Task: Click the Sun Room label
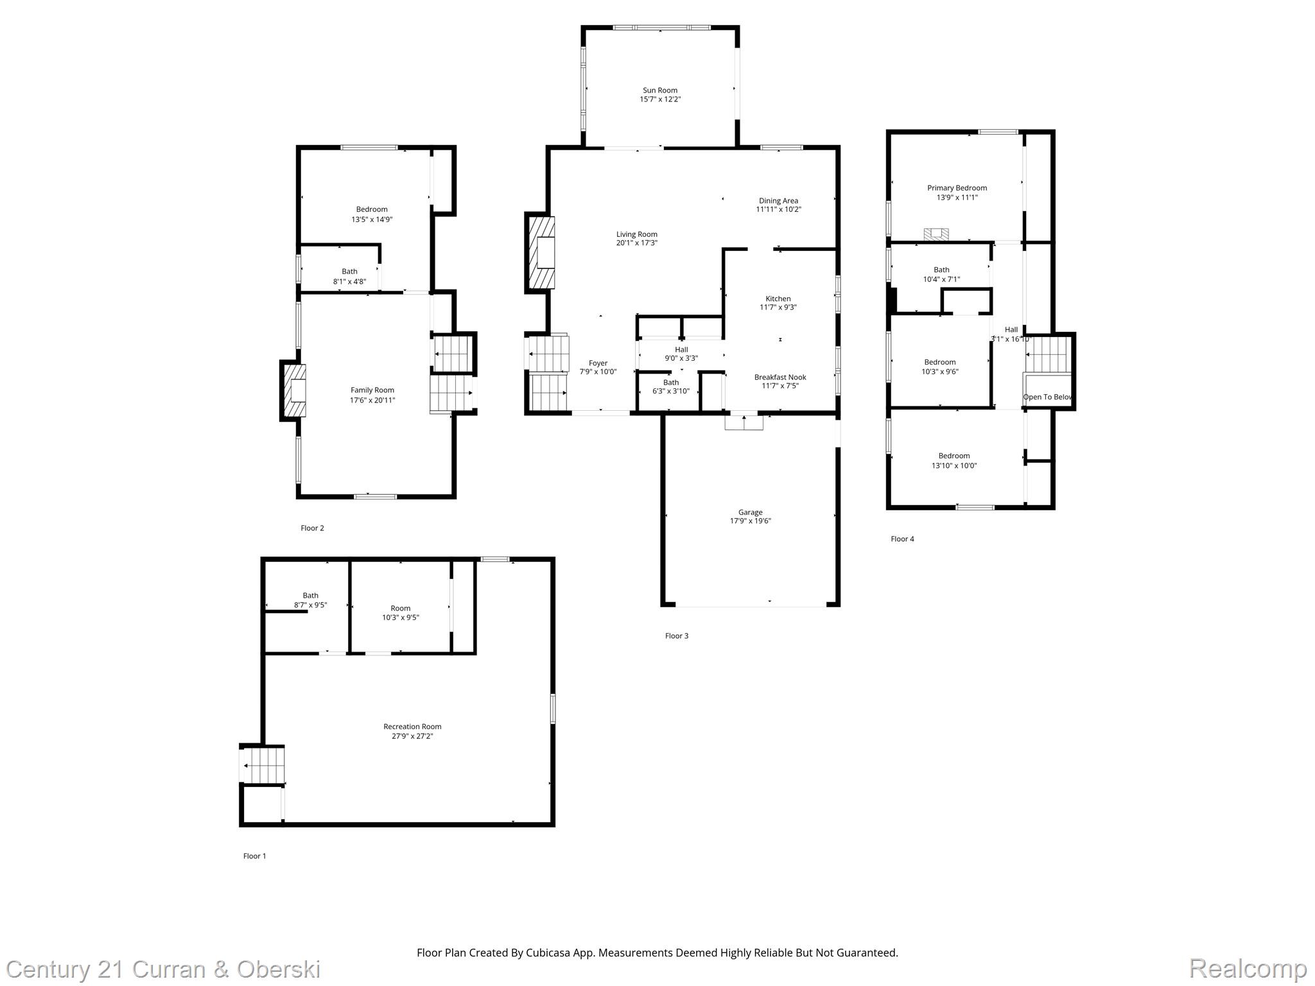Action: pos(660,91)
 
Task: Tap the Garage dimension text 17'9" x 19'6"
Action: pos(750,521)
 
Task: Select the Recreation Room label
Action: pos(412,727)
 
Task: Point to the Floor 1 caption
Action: pos(254,856)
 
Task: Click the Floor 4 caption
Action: pos(902,539)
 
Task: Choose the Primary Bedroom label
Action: pos(957,188)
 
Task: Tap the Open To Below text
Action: pos(1047,397)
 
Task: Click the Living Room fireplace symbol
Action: pos(541,252)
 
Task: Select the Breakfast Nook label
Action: pos(780,377)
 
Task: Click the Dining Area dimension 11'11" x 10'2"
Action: pos(778,209)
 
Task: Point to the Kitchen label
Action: pos(778,298)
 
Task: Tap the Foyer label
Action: pos(598,363)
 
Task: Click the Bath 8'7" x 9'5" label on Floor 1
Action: pos(310,595)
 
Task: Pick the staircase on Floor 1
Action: pos(263,765)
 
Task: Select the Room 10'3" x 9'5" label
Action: pos(400,608)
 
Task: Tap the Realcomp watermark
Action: pos(1248,968)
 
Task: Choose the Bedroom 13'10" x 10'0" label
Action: pos(954,456)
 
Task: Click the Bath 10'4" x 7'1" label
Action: pos(941,270)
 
